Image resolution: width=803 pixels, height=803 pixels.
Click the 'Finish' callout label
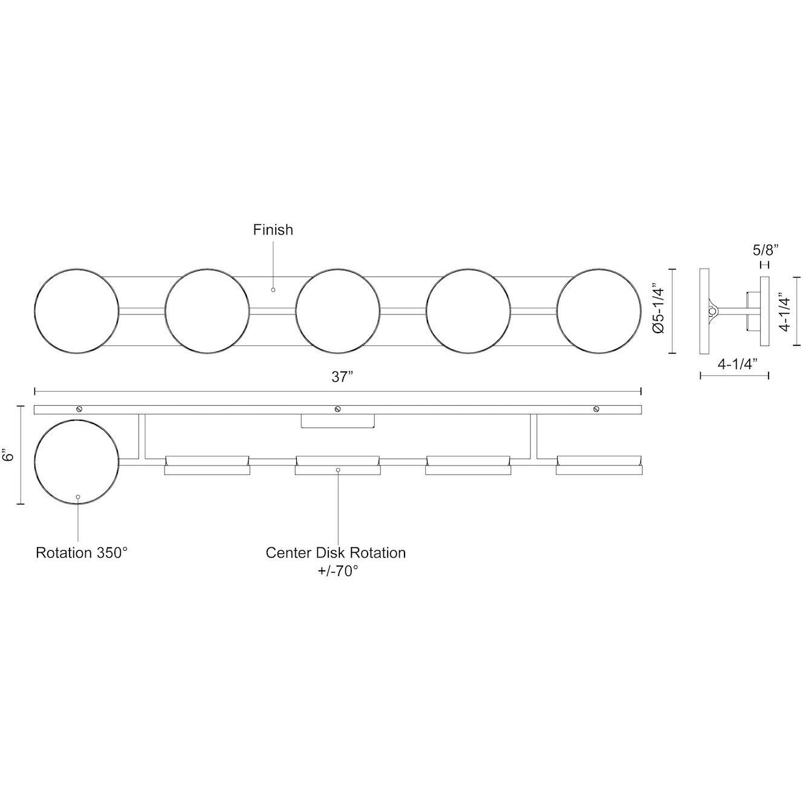(x=273, y=230)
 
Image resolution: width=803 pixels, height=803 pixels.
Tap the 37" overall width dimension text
(x=342, y=377)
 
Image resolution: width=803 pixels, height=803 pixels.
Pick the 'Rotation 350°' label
(x=82, y=553)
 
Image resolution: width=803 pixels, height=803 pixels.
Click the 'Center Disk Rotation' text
(x=336, y=553)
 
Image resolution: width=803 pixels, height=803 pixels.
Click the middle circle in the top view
(x=337, y=311)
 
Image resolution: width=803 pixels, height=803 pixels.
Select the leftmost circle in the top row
(x=77, y=311)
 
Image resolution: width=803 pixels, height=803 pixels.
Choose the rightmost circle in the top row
(x=599, y=311)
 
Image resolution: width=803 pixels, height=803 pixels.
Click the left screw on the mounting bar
(x=79, y=409)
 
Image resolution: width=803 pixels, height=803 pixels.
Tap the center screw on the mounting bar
(x=338, y=409)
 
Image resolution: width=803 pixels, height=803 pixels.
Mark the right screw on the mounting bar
(x=596, y=409)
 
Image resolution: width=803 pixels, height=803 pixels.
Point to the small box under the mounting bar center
(x=338, y=421)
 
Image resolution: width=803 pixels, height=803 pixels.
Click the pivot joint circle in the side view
(x=714, y=311)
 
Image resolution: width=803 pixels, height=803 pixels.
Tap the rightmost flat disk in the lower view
(x=599, y=464)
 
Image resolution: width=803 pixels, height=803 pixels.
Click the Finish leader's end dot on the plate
(x=273, y=290)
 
